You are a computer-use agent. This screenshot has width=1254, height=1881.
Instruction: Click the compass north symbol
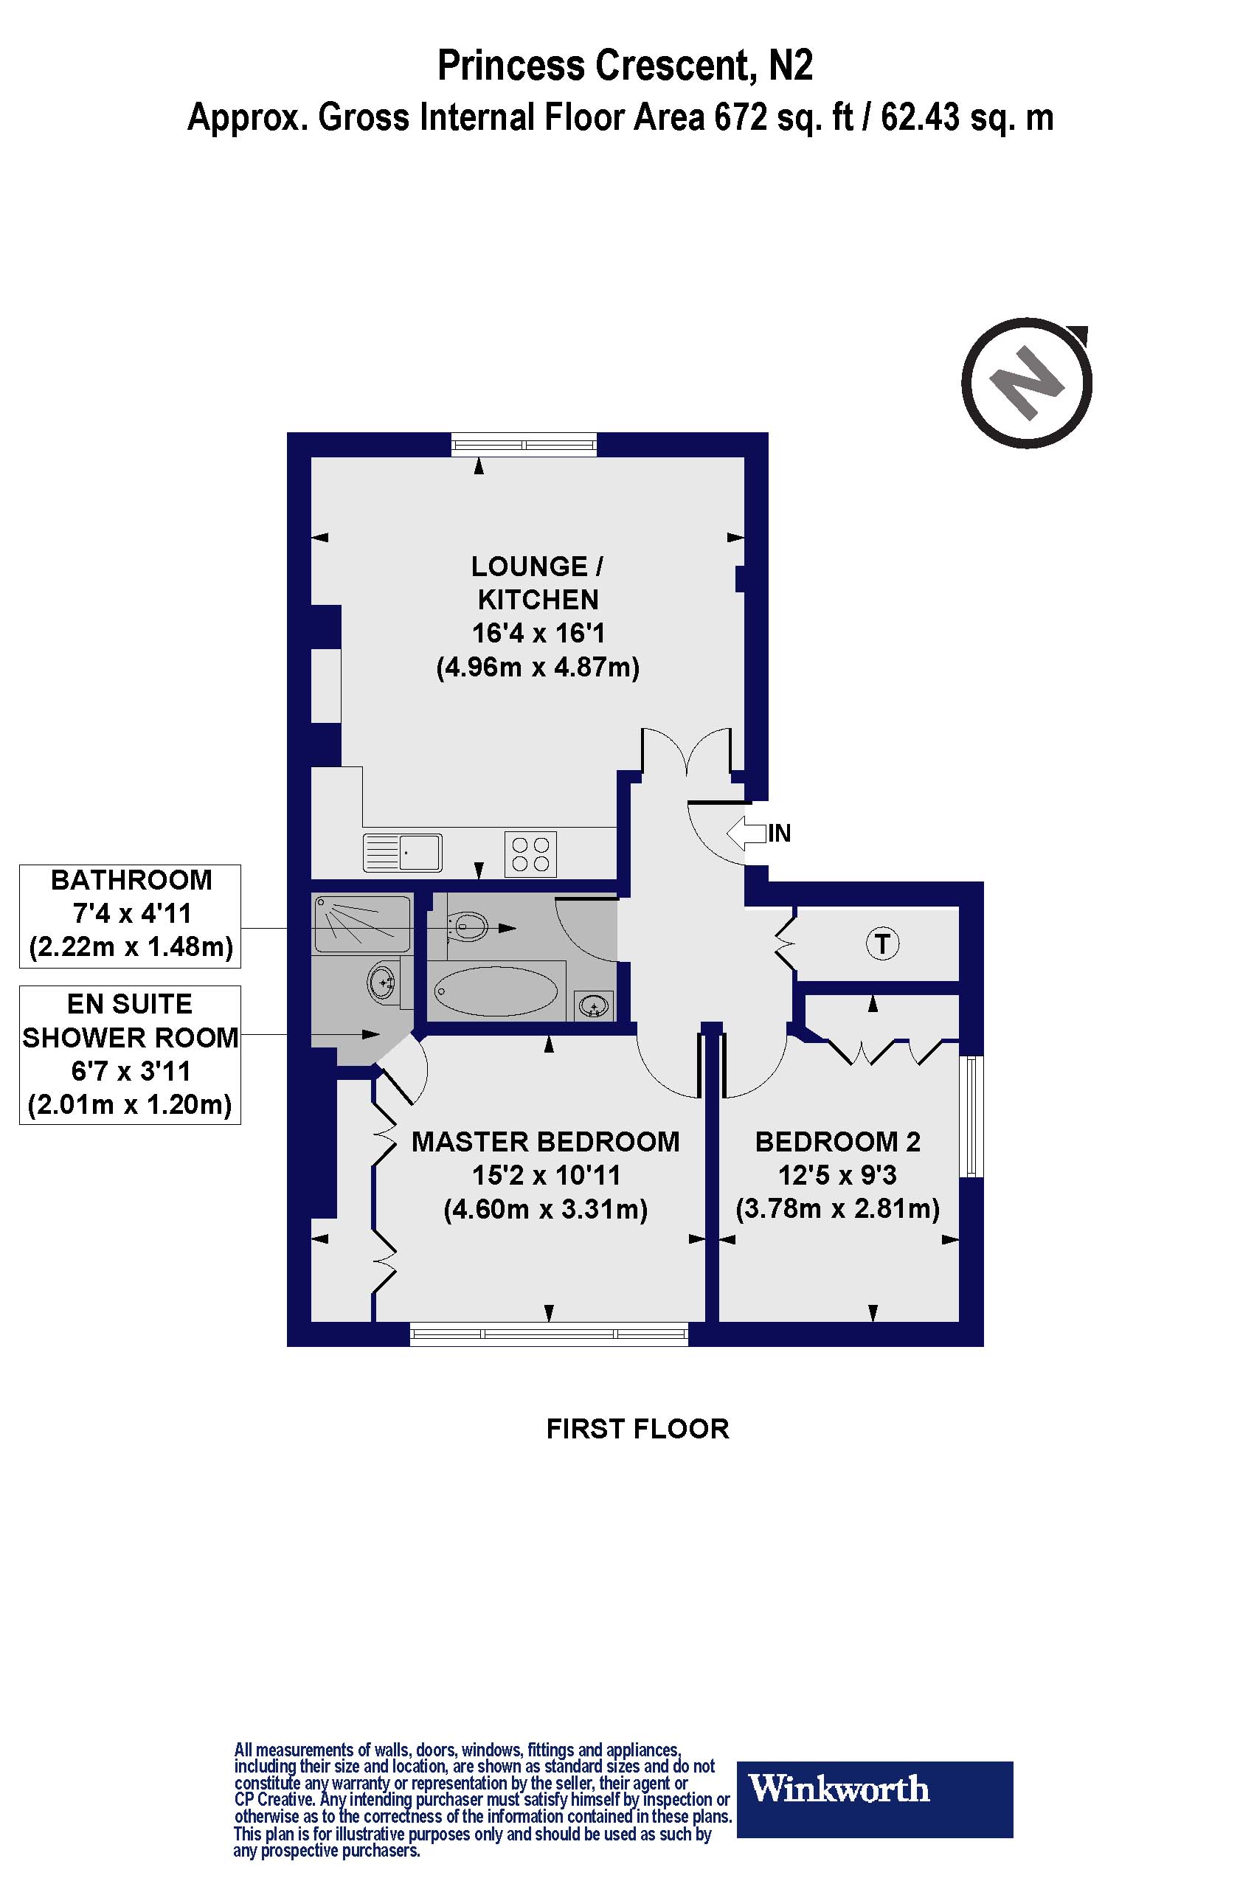click(x=1027, y=383)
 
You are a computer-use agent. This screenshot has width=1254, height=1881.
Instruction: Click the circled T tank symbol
click(x=882, y=943)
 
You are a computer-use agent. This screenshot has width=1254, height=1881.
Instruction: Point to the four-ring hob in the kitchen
click(x=530, y=854)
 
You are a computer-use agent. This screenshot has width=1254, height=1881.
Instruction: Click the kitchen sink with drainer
click(x=402, y=853)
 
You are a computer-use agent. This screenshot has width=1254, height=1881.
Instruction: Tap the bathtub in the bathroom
click(x=495, y=991)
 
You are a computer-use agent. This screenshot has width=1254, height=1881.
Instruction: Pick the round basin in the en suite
click(x=383, y=980)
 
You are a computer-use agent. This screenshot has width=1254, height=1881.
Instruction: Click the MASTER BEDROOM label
click(x=545, y=1142)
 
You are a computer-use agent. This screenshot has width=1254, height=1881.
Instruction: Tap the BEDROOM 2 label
click(x=837, y=1142)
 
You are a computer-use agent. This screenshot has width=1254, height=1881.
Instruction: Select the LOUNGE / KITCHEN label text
click(x=538, y=583)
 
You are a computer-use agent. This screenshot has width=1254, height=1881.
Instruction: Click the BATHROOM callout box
click(x=131, y=915)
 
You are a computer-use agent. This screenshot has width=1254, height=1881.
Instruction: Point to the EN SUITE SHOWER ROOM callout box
click(x=131, y=1055)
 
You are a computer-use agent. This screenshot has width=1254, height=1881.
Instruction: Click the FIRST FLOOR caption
click(x=637, y=1429)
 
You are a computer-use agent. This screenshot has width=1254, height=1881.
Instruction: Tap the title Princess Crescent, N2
click(x=625, y=66)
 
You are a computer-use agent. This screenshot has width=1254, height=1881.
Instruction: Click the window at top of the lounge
click(x=524, y=444)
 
